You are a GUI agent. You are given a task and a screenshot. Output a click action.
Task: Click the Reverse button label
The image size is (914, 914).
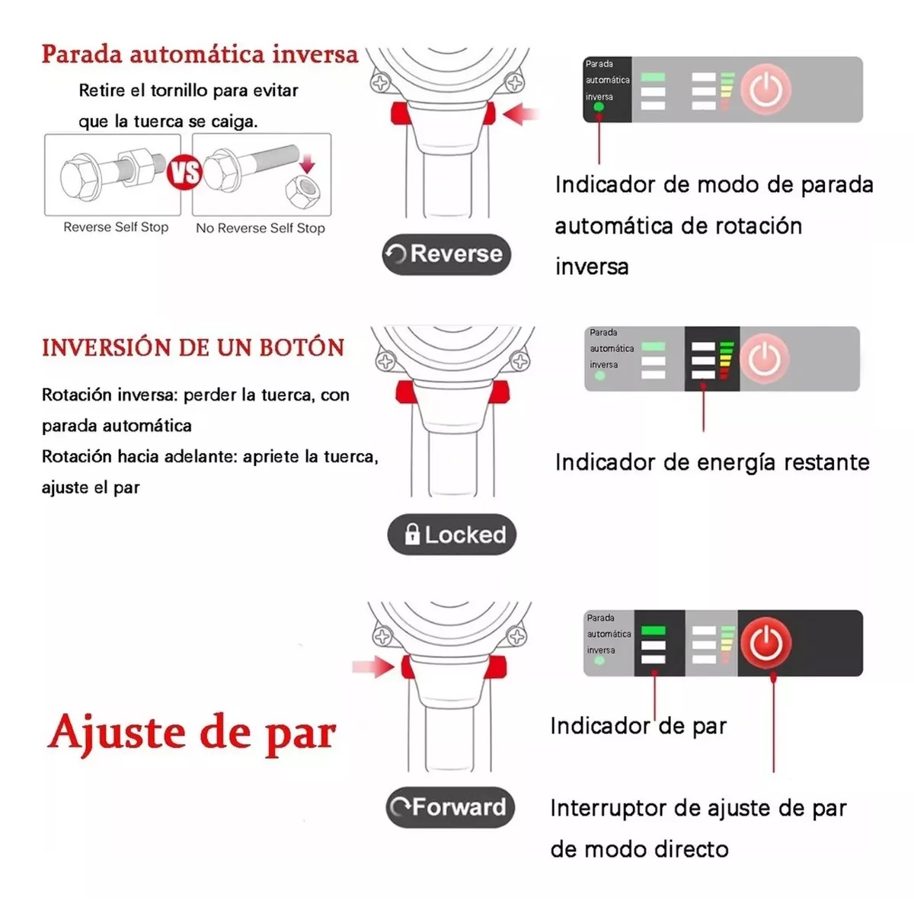click(x=446, y=254)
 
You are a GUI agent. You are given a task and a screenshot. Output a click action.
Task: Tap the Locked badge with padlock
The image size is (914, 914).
click(x=452, y=535)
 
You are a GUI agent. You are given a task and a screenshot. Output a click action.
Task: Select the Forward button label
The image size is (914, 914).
click(x=450, y=807)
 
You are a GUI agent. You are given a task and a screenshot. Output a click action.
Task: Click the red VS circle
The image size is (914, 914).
click(x=185, y=172)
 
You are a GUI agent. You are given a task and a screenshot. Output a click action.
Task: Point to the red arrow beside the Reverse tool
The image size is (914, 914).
click(x=521, y=115)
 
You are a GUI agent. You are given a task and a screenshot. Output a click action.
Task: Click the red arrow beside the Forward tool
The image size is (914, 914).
click(x=372, y=668)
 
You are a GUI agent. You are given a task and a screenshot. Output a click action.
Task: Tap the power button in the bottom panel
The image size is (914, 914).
click(x=766, y=643)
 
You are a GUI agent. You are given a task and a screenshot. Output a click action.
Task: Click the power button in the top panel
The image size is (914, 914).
click(x=766, y=90)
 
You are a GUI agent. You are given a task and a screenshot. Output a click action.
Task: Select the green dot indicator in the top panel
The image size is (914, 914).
click(x=599, y=107)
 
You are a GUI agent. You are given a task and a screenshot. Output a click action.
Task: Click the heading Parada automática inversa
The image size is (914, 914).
click(x=200, y=55)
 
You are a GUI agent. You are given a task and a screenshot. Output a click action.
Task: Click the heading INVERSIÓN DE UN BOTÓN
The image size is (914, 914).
click(x=193, y=347)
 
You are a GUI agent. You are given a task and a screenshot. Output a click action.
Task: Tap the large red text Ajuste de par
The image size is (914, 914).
click(x=192, y=733)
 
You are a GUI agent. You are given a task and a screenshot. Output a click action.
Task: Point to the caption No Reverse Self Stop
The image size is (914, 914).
click(x=260, y=228)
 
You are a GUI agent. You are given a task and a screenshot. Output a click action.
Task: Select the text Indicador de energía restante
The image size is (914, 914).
click(x=712, y=462)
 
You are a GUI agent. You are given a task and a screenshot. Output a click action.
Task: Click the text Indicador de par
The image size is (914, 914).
click(x=638, y=726)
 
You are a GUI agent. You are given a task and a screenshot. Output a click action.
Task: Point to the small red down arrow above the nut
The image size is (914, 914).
click(x=307, y=164)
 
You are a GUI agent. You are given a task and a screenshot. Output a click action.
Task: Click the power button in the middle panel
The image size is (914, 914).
click(x=765, y=359)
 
